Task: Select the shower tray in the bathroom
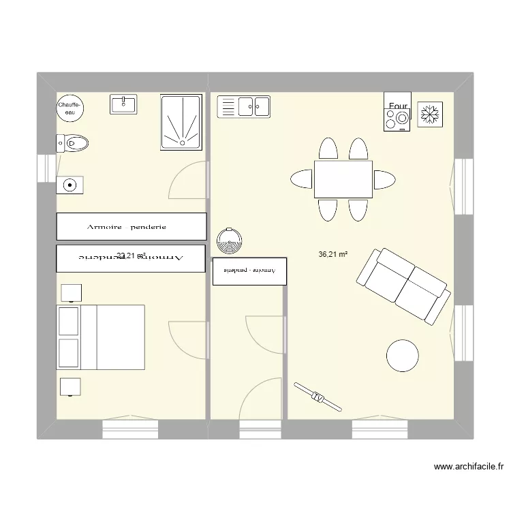(x=181, y=121)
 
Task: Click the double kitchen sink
(x=244, y=106)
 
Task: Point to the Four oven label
(x=398, y=106)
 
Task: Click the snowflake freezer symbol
(x=430, y=113)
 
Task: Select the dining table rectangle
(x=343, y=179)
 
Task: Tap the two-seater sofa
(x=402, y=285)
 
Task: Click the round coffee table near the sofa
(x=402, y=355)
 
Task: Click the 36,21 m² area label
(x=333, y=255)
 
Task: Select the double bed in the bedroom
(x=102, y=337)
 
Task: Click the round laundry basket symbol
(x=230, y=239)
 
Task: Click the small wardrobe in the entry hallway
(x=249, y=270)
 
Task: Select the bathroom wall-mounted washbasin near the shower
(x=123, y=104)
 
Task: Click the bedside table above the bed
(x=72, y=293)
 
